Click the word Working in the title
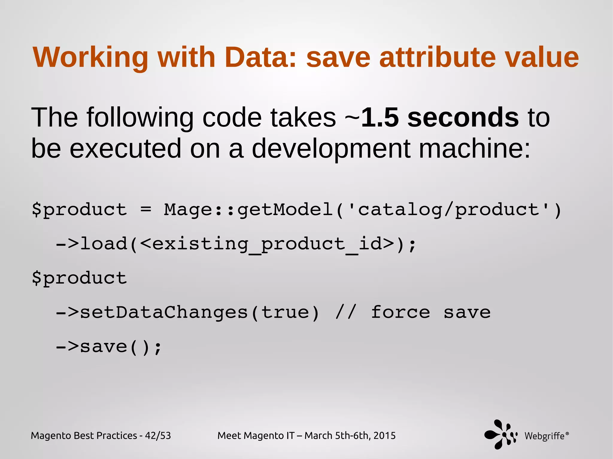click(x=90, y=57)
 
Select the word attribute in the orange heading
click(x=437, y=57)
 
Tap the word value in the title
click(x=542, y=57)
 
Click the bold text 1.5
click(x=380, y=118)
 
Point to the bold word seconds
click(x=463, y=118)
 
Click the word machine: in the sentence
click(x=474, y=149)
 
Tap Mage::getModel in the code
click(x=248, y=210)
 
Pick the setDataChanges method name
click(x=164, y=313)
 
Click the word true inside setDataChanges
click(x=285, y=313)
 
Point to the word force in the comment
click(x=400, y=313)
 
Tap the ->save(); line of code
click(x=109, y=347)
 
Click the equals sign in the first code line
click(x=146, y=210)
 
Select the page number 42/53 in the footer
click(x=158, y=436)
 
